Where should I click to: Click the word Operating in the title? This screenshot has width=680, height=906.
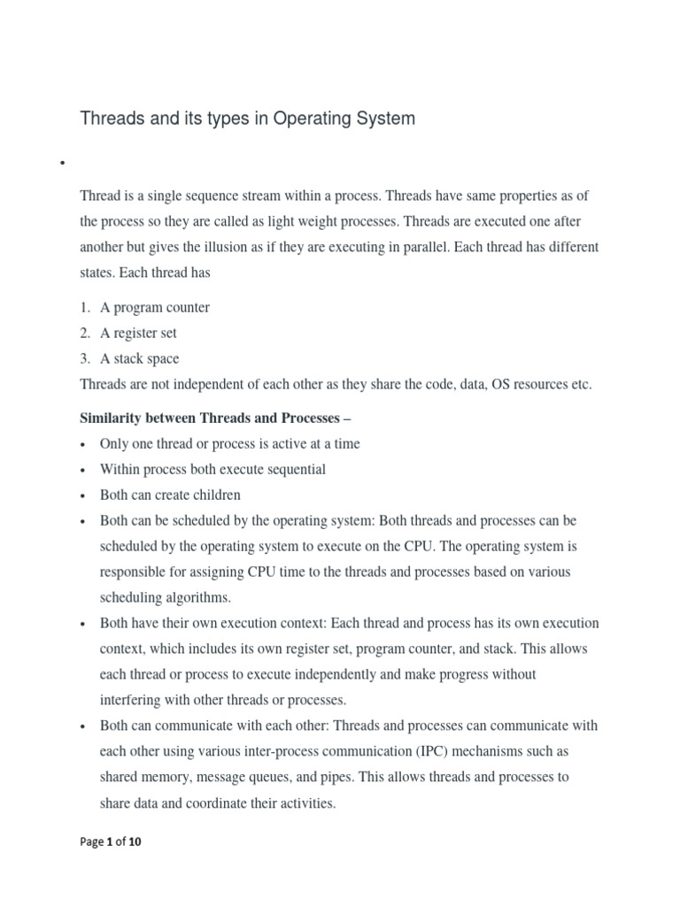coord(309,119)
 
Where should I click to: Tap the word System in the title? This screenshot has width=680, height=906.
coord(382,119)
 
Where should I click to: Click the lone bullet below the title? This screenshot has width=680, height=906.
coord(63,164)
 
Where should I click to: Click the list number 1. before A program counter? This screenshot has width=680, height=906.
coord(85,308)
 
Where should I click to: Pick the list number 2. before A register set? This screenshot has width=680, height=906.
coord(85,334)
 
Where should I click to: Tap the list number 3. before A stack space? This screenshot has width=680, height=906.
coord(85,359)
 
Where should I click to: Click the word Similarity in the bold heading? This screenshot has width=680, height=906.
coord(112,418)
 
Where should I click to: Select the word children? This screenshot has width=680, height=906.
coord(213,495)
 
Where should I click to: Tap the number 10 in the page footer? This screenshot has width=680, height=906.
coord(135,842)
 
